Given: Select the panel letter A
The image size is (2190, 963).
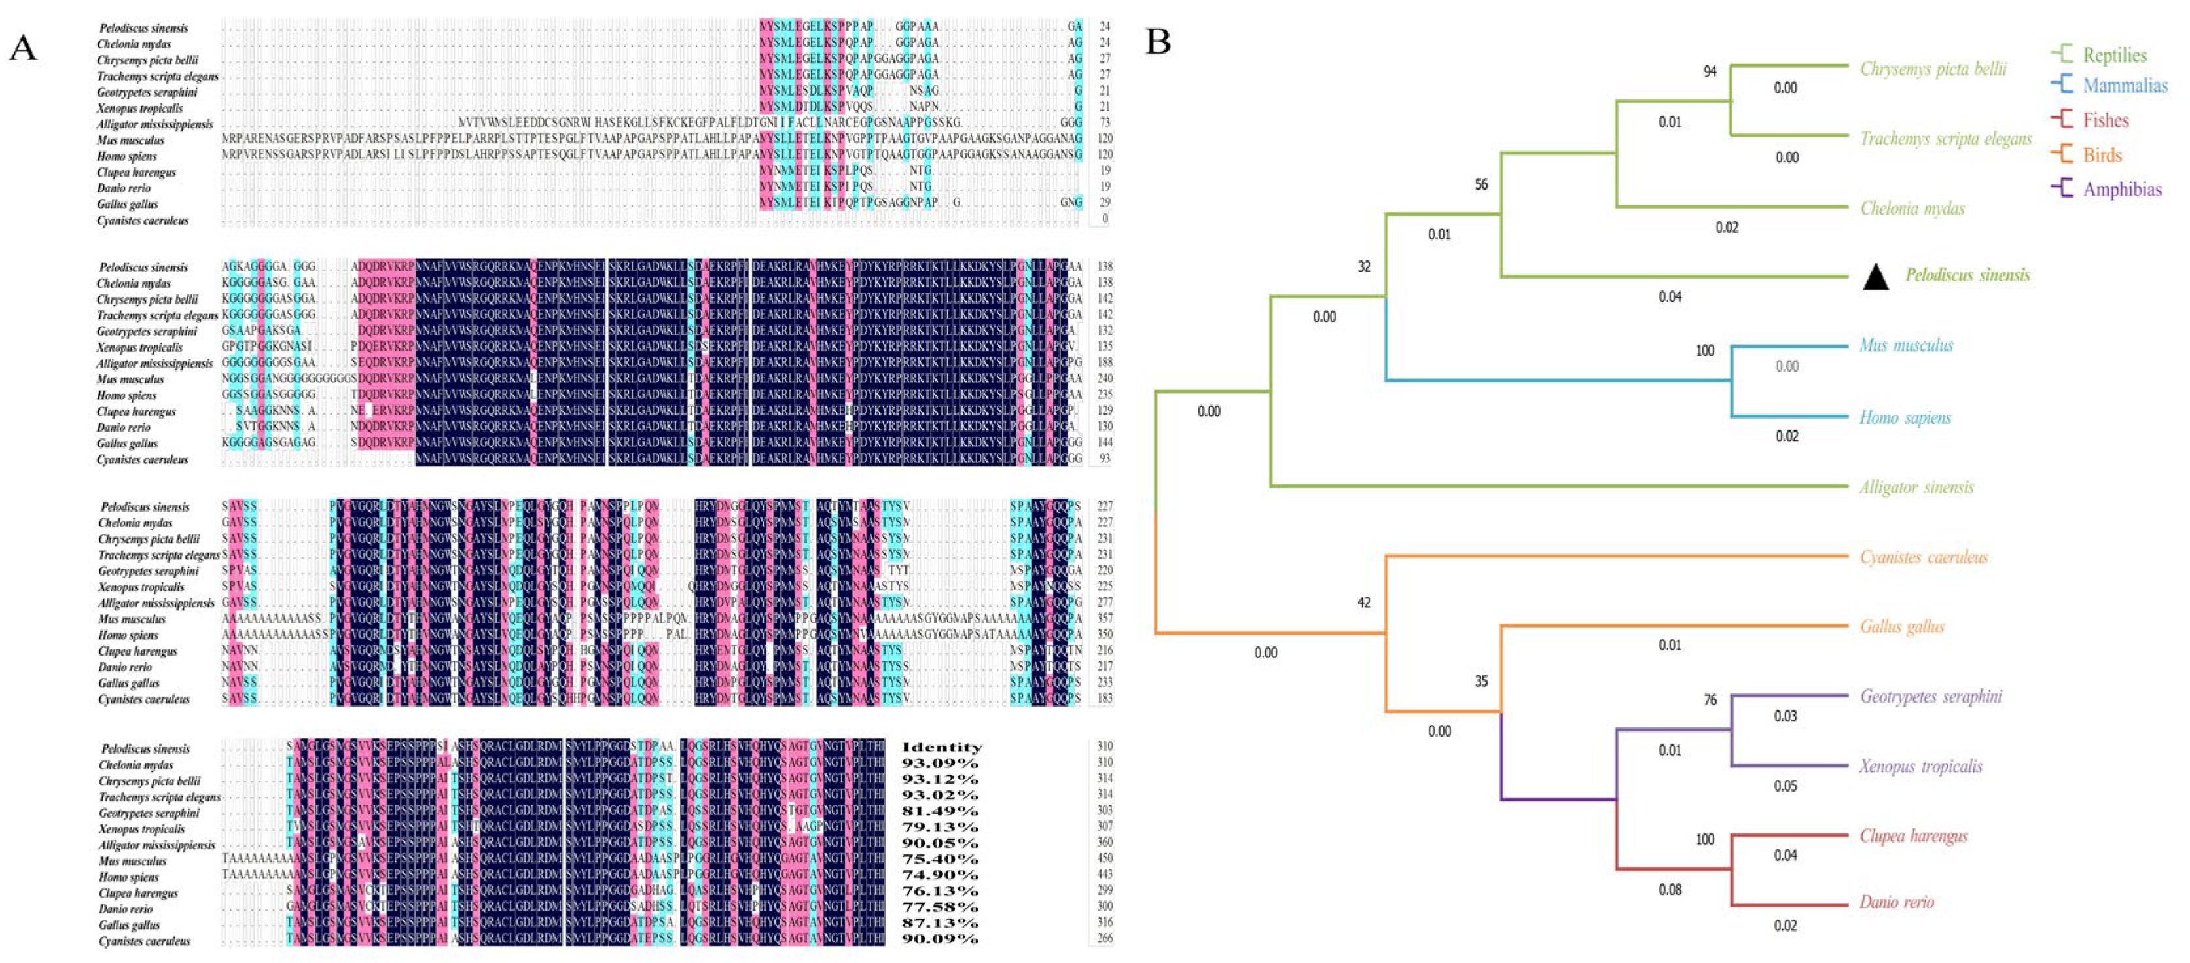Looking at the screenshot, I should coord(23,48).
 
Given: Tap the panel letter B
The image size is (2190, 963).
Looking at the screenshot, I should coord(1158,41).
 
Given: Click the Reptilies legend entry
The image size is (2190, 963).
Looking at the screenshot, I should coord(2113,55).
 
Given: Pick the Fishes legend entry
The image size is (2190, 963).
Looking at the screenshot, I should coord(2105,120).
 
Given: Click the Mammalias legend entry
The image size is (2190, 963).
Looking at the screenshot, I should coord(2125,86).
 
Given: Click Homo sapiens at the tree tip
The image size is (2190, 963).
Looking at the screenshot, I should coord(1905,417).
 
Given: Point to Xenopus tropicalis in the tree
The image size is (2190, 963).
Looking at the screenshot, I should coord(1920,766).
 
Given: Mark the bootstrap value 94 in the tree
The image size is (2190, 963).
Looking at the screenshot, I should coord(1709,71).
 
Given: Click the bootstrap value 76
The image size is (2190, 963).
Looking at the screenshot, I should coord(1710,699).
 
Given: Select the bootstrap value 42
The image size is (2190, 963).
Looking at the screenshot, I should coord(1363,603).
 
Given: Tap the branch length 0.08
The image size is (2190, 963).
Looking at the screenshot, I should coord(1670,890).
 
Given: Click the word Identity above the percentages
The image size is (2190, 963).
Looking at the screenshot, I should coord(941,748).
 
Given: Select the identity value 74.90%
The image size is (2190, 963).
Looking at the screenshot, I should coord(939,875).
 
